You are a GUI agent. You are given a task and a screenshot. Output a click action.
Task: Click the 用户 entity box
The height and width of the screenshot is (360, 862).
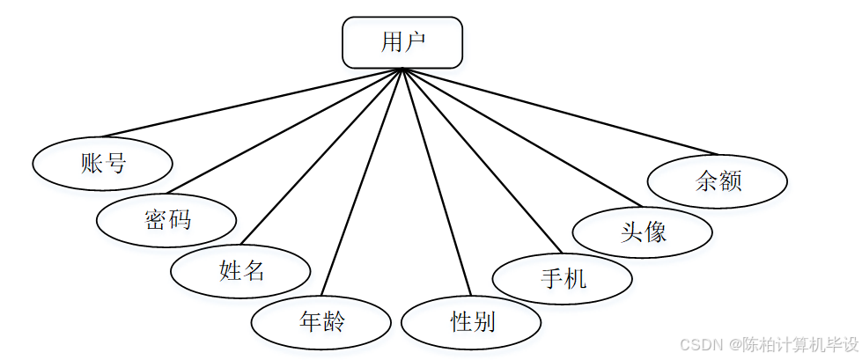pyautogui.click(x=402, y=42)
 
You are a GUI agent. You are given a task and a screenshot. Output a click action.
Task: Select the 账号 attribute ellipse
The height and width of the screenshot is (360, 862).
pyautogui.click(x=102, y=163)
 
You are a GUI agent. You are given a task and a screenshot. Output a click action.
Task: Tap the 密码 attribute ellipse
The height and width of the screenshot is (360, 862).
pyautogui.click(x=166, y=219)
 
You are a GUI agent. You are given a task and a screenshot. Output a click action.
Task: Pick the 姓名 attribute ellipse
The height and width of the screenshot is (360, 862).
pyautogui.click(x=240, y=270)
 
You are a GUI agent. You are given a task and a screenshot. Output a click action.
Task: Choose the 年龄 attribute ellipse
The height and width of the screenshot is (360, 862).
pyautogui.click(x=320, y=322)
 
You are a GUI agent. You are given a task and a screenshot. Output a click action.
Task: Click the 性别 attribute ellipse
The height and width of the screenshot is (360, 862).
pyautogui.click(x=471, y=322)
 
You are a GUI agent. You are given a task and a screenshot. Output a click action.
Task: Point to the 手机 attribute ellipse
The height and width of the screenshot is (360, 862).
pyautogui.click(x=562, y=280)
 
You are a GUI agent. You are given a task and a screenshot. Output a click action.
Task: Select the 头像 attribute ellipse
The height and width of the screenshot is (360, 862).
pyautogui.click(x=642, y=231)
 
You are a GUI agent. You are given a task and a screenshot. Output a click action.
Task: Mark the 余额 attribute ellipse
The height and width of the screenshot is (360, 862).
pyautogui.click(x=717, y=182)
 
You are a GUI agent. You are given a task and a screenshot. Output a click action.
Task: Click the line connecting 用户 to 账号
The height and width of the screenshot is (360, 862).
pyautogui.click(x=253, y=103)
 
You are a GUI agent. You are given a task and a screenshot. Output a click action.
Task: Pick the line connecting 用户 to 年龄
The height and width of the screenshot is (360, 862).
pyautogui.click(x=362, y=182)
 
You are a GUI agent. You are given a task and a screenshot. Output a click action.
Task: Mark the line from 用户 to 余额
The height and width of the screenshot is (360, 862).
pyautogui.click(x=560, y=112)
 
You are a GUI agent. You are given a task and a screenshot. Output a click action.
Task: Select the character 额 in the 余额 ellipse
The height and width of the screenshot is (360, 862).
pyautogui.click(x=730, y=182)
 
